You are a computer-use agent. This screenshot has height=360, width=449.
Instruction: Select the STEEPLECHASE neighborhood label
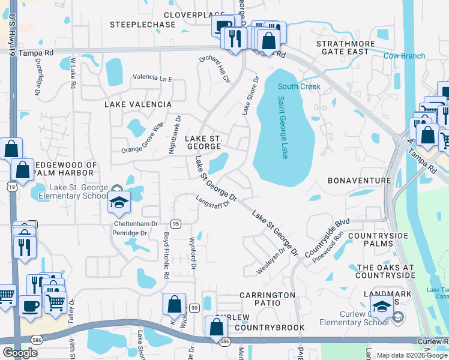click(x=143, y=25)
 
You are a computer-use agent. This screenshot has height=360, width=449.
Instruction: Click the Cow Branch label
click(x=405, y=56)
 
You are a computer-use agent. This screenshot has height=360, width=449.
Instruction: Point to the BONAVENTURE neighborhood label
click(x=360, y=181)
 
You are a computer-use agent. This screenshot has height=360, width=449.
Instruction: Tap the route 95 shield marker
click(x=176, y=224)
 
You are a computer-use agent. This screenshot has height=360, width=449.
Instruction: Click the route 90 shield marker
click(x=194, y=308)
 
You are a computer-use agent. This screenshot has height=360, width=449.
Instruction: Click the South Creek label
click(x=299, y=86)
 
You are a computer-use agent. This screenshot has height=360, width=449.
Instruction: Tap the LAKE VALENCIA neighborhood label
click(x=138, y=104)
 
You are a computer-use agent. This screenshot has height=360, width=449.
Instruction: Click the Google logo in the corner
click(x=20, y=353)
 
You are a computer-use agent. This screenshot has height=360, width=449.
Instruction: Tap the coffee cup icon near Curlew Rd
click(x=29, y=305)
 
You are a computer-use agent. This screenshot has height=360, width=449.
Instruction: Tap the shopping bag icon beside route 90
click(x=174, y=304)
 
